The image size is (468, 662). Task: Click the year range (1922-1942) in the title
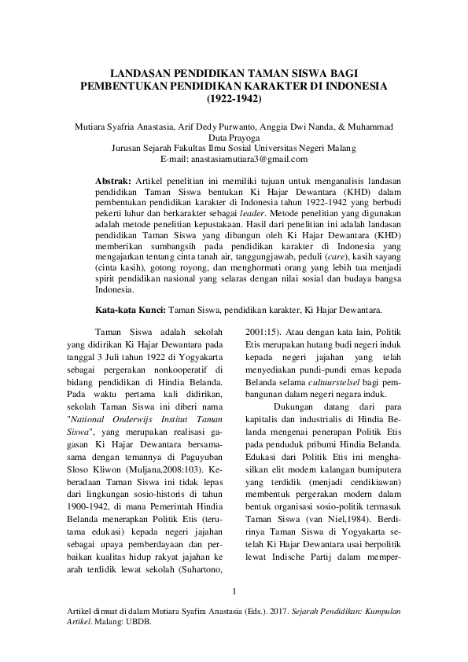point(234,100)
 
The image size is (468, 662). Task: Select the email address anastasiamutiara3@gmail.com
point(252,159)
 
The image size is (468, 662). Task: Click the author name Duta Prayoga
point(234,137)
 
